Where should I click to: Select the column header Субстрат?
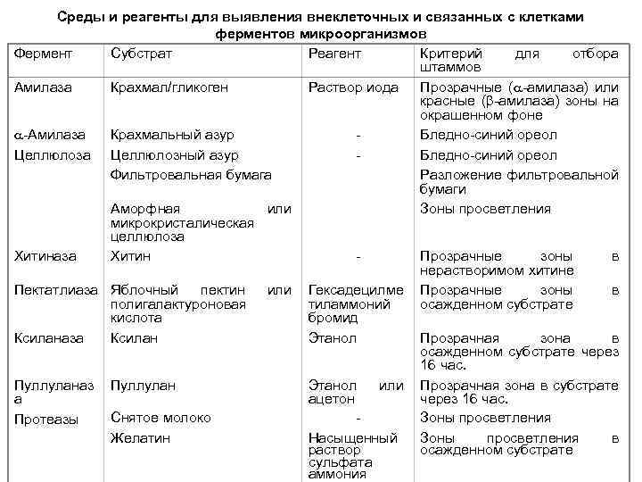pyautogui.click(x=141, y=54)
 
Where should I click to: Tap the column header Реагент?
pyautogui.click(x=334, y=54)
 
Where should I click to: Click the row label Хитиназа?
pyautogui.click(x=47, y=256)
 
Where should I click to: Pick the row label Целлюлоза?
pyautogui.click(x=53, y=155)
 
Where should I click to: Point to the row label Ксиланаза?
pyautogui.click(x=49, y=338)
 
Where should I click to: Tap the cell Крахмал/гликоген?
pyautogui.click(x=169, y=87)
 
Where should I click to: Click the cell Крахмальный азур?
pyautogui.click(x=172, y=135)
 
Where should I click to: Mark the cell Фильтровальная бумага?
pyautogui.click(x=191, y=175)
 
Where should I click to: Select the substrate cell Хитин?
pyautogui.click(x=130, y=256)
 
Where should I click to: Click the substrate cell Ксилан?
pyautogui.click(x=135, y=338)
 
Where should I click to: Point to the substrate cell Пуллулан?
pyautogui.click(x=144, y=386)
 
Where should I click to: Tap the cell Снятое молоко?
pyautogui.click(x=160, y=418)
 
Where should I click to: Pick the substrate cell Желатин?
pyautogui.click(x=140, y=438)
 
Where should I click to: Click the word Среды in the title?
pyautogui.click(x=79, y=17)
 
